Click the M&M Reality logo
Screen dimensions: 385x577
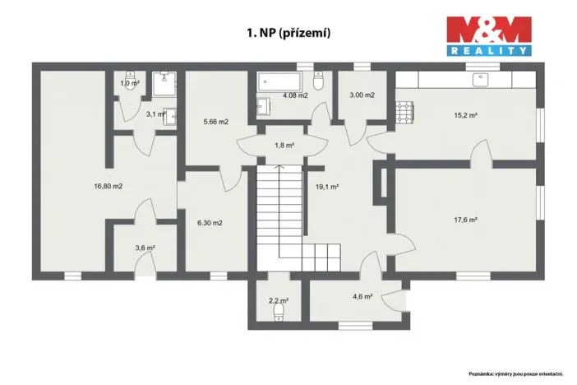click(x=488, y=35)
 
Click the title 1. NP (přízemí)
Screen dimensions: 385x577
click(x=288, y=34)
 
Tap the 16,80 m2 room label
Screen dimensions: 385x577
click(x=108, y=186)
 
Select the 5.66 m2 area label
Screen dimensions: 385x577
click(x=216, y=122)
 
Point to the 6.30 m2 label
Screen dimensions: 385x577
click(x=210, y=222)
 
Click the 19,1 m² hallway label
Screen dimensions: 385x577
click(x=328, y=187)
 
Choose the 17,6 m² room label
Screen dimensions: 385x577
click(x=466, y=220)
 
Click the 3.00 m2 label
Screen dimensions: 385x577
click(x=362, y=95)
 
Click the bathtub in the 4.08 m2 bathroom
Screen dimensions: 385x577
click(x=280, y=82)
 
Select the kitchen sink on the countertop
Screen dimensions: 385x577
click(x=478, y=79)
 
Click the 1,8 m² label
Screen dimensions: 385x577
click(x=284, y=146)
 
